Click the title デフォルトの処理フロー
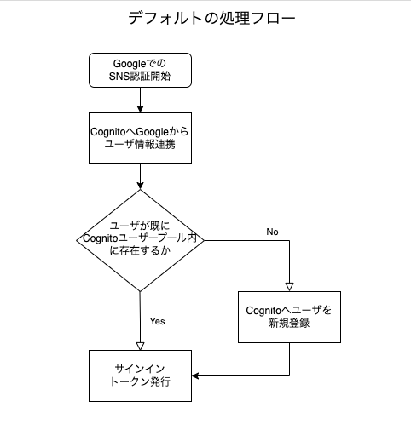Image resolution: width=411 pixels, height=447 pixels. [x=212, y=18]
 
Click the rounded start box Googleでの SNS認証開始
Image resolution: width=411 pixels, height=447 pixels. [x=140, y=71]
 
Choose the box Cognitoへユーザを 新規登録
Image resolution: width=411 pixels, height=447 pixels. [x=288, y=317]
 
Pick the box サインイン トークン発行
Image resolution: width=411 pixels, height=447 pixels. [x=140, y=375]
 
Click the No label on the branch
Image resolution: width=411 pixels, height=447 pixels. [x=272, y=232]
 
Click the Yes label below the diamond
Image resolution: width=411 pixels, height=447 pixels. [x=157, y=321]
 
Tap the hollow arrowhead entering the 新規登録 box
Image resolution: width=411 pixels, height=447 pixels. [x=288, y=286]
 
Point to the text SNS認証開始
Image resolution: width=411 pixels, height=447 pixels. [x=140, y=78]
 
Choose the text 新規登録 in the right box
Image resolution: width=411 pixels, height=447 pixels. [x=288, y=324]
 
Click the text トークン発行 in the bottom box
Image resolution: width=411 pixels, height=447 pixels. [x=140, y=382]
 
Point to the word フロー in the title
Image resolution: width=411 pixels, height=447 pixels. [x=275, y=18]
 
